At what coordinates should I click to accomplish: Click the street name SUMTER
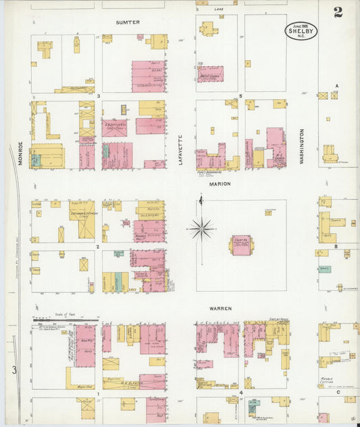127,22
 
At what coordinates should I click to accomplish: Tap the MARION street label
220,184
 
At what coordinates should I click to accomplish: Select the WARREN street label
220,308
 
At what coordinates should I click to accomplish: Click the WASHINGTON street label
302,143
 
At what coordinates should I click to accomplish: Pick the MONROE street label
21,154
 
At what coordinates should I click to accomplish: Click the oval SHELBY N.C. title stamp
301,30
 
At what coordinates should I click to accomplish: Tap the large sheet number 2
337,12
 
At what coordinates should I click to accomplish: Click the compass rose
201,228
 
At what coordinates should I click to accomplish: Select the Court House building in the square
241,245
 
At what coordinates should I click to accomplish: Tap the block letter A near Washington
336,85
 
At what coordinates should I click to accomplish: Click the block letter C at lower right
337,392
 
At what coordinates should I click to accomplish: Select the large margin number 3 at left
14,370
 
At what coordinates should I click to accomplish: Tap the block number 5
240,97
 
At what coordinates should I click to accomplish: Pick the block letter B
336,247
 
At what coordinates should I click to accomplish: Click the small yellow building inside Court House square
268,212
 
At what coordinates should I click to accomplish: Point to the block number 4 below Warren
240,392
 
